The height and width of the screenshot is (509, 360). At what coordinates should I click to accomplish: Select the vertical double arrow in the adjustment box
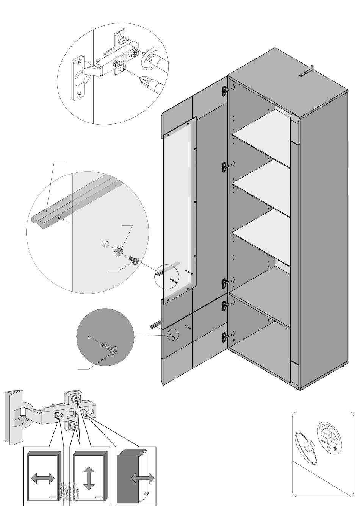[x=88, y=478]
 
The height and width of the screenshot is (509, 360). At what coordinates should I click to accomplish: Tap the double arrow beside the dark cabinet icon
[x=143, y=478]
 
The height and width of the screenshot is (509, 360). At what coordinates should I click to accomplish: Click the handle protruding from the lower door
[x=155, y=325]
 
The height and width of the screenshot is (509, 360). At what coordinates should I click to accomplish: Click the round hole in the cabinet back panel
[x=269, y=320]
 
